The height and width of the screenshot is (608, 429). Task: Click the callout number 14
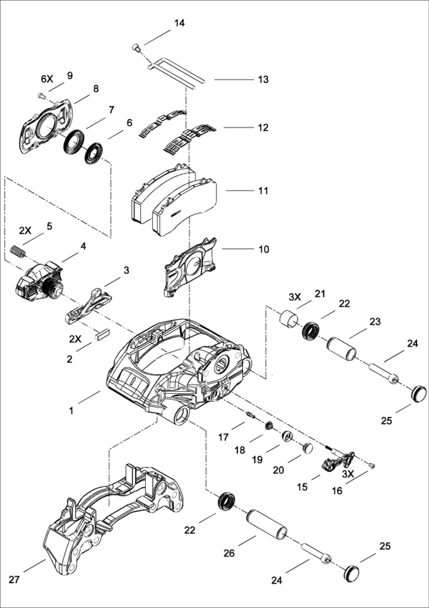point(179,24)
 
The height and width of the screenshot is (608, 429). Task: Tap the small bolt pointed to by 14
point(136,48)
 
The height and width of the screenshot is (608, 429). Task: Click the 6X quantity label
point(47,77)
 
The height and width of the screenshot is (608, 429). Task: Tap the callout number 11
point(263,191)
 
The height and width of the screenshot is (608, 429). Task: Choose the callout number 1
point(71,412)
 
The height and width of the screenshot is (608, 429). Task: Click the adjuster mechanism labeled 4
point(37,279)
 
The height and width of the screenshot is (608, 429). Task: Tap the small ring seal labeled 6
point(94,153)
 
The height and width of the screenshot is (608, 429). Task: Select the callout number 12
point(263,127)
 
